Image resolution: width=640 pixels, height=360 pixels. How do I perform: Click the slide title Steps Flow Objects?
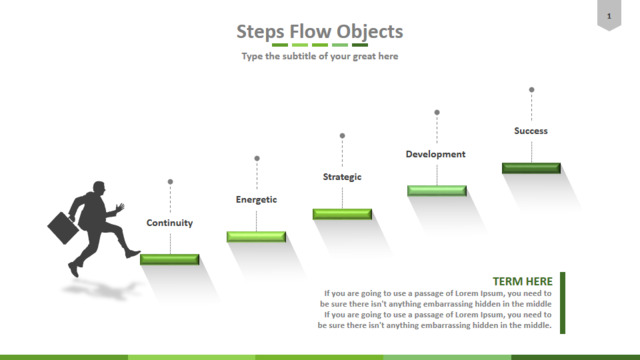(320, 31)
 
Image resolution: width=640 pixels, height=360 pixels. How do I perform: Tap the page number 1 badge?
(609, 15)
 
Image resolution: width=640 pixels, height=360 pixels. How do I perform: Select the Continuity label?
(169, 223)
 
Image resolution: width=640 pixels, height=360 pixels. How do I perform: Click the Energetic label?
(256, 200)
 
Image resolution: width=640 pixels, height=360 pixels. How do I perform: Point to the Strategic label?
(342, 177)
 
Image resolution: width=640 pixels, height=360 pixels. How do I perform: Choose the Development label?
(436, 154)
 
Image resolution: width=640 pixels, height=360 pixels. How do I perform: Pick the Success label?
(531, 131)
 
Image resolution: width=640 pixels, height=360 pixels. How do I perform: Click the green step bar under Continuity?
(170, 259)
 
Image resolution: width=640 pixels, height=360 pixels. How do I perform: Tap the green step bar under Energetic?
(256, 237)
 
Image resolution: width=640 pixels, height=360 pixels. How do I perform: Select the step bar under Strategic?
(342, 214)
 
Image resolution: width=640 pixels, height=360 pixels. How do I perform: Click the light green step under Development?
(437, 191)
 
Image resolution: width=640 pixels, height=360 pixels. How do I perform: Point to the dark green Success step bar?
(531, 168)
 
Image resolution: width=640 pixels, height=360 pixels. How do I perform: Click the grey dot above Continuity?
(170, 182)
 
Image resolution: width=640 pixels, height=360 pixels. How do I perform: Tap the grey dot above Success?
(531, 90)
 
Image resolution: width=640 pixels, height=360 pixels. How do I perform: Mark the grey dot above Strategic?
(342, 136)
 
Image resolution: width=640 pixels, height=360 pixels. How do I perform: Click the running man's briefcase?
(63, 228)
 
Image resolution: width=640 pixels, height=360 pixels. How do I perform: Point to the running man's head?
(99, 188)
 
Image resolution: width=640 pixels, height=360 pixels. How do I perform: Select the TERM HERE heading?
(522, 281)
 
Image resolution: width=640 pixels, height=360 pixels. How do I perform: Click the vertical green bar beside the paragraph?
(562, 303)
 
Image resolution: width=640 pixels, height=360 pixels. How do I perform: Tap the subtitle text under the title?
(320, 56)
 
